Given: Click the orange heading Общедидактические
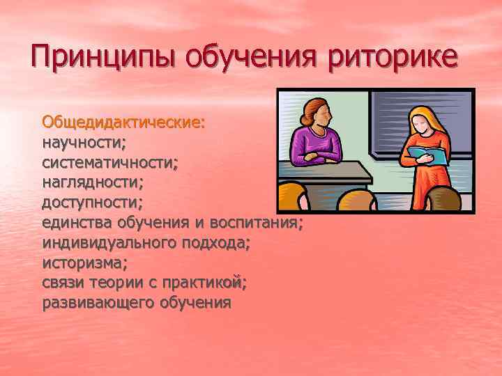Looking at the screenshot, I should click(x=123, y=122).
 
